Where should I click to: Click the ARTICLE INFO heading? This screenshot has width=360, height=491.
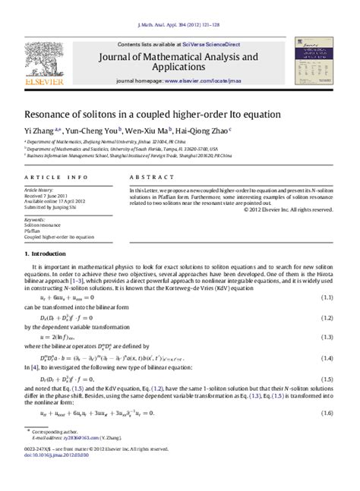(x=46, y=177)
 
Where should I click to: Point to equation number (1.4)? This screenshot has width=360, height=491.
(x=327, y=357)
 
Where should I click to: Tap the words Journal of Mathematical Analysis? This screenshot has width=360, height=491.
(x=174, y=56)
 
